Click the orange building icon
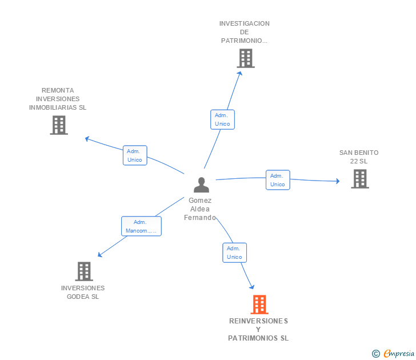coord(259,305)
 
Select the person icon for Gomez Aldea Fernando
coord(201,185)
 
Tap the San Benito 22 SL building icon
coord(360,179)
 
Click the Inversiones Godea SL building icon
coord(84,271)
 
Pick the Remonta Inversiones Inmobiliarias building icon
coord(59,125)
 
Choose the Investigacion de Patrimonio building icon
coord(246,58)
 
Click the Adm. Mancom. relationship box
coord(141,226)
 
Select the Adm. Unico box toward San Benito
coord(278,180)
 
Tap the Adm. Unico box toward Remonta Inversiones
coord(135,155)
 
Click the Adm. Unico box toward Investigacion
coord(222,119)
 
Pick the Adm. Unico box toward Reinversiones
coord(234,253)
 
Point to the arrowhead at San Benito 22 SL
coord(338,181)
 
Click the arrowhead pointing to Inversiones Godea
coord(100,255)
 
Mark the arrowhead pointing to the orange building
coord(252,287)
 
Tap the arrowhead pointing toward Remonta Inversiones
coord(87,138)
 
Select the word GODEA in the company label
coord(78,297)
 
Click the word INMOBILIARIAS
coord(53,107)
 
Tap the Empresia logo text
coord(399,353)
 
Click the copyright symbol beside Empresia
coord(376,354)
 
